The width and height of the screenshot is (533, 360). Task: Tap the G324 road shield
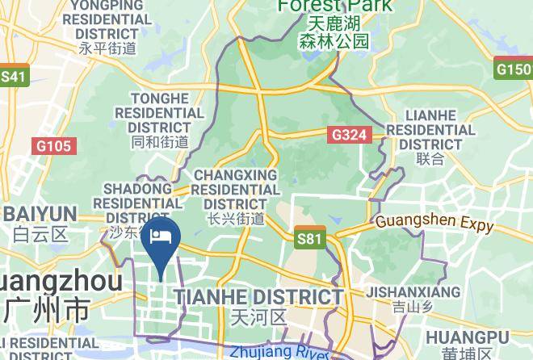pyautogui.click(x=350, y=135)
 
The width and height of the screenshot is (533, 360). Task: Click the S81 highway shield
pyautogui.click(x=309, y=238)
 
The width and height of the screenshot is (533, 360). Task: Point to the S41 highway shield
pyautogui.click(x=14, y=77)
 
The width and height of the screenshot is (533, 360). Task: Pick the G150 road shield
pyautogui.click(x=514, y=69)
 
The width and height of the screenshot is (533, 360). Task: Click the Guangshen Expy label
pyautogui.click(x=434, y=223)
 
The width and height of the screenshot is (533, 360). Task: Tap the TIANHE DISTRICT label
pyautogui.click(x=259, y=296)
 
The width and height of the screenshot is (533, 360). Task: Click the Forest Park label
pyautogui.click(x=334, y=6)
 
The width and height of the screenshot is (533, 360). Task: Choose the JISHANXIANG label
pyautogui.click(x=414, y=292)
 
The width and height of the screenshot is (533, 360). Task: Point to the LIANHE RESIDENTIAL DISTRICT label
pyautogui.click(x=430, y=130)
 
